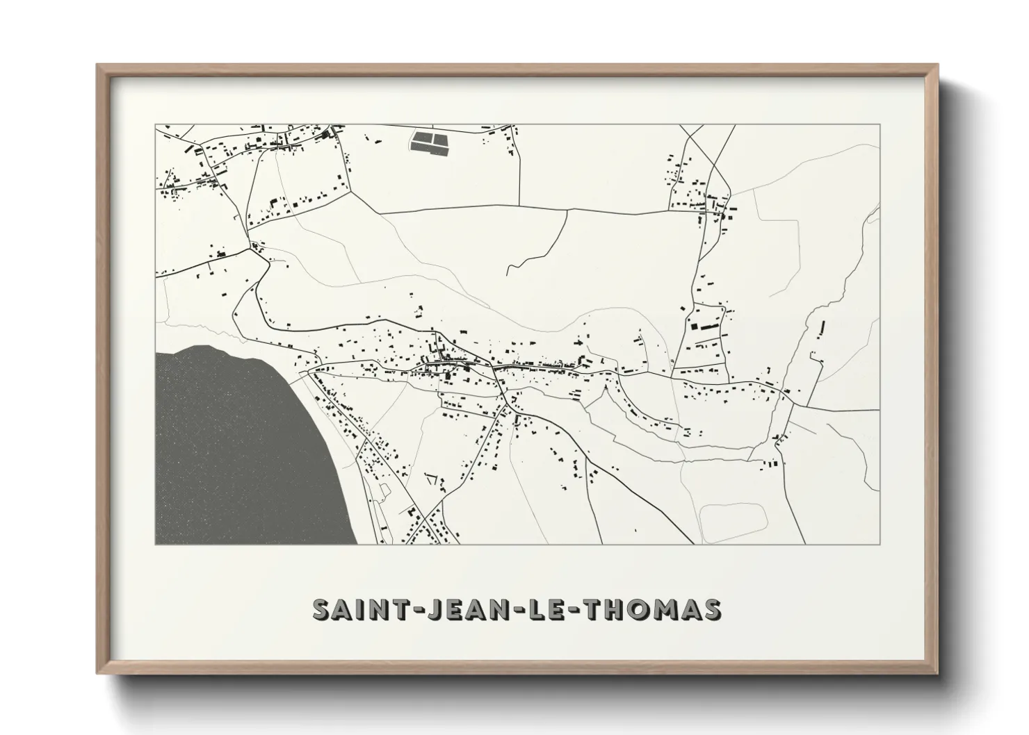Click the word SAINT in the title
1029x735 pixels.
coord(354,609)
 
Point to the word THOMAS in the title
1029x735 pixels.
coord(653,609)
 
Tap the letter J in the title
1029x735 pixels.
coord(423,609)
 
